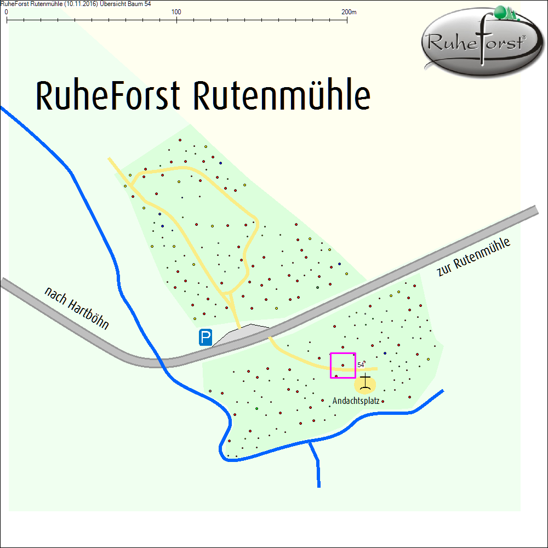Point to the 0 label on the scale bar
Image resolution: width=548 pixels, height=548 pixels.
tap(6, 12)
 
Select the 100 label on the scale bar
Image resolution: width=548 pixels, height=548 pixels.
tap(176, 12)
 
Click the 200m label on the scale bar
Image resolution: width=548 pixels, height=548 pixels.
tap(349, 12)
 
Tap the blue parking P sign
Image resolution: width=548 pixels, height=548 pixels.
tap(206, 337)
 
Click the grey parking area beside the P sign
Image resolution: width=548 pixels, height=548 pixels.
tap(241, 335)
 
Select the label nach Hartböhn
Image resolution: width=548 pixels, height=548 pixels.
tap(76, 309)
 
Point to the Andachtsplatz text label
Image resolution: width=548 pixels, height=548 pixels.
tap(356, 401)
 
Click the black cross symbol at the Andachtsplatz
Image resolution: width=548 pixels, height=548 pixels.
tap(366, 382)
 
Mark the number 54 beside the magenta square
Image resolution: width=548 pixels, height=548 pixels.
tap(361, 364)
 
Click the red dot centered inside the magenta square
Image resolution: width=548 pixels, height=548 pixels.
tap(343, 366)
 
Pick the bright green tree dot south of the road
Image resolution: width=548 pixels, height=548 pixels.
tap(256, 409)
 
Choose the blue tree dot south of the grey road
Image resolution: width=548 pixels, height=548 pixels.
tap(385, 353)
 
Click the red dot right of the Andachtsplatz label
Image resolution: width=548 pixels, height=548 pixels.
tap(383, 402)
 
